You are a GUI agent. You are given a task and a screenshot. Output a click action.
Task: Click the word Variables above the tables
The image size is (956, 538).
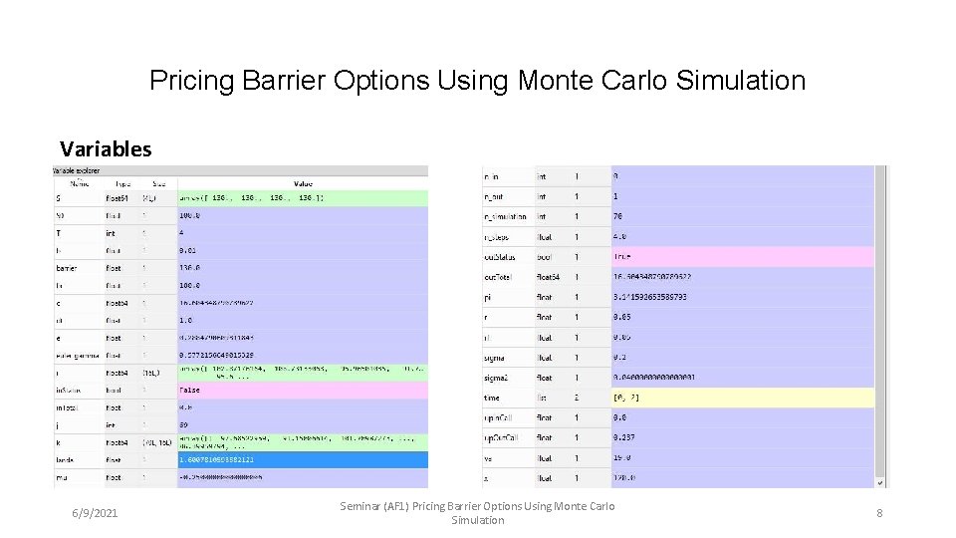pyautogui.click(x=106, y=149)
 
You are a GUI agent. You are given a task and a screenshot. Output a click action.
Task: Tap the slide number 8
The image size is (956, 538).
pyautogui.click(x=880, y=513)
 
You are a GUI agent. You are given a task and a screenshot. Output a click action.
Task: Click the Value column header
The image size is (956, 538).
pyautogui.click(x=303, y=183)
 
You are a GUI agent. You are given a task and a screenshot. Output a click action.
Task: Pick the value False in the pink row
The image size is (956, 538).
pyautogui.click(x=190, y=391)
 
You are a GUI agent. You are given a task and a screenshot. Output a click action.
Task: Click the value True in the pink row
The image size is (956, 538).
pyautogui.click(x=622, y=256)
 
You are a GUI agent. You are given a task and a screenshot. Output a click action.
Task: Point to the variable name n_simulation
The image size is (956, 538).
pyautogui.click(x=506, y=216)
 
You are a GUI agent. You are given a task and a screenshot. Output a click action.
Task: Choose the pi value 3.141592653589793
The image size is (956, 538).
pyautogui.click(x=650, y=298)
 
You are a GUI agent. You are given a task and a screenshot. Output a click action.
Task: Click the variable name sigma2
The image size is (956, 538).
pyautogui.click(x=498, y=378)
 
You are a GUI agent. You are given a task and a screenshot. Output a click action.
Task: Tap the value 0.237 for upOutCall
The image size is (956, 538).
pyautogui.click(x=622, y=437)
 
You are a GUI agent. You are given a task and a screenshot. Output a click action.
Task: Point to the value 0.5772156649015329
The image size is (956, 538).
pyautogui.click(x=216, y=354)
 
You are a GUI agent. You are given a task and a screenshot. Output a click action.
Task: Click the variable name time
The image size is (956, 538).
pyautogui.click(x=492, y=397)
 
